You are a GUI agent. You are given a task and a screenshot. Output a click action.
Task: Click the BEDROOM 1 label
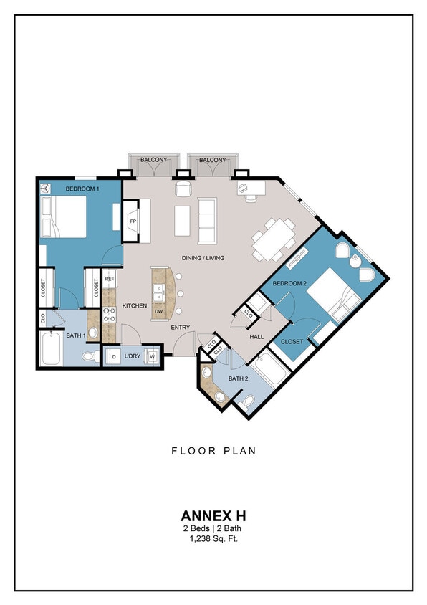pos(82,189)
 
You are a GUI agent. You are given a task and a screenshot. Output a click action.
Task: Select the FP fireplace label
pos(133,221)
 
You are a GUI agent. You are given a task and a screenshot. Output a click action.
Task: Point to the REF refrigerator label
pos(110,279)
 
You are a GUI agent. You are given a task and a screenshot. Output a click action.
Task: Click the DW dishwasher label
pos(159,310)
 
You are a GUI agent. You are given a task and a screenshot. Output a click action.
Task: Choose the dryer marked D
pos(114,356)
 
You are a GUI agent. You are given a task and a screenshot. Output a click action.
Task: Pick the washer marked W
pos(152,356)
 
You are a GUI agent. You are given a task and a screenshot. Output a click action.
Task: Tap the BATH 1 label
pos(76,335)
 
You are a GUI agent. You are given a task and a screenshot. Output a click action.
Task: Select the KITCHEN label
pos(134,306)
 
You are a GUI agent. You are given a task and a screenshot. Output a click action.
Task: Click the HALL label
pos(257,336)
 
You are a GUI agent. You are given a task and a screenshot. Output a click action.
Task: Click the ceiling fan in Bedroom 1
pos(47,188)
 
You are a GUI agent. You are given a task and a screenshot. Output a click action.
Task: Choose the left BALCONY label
pos(153,160)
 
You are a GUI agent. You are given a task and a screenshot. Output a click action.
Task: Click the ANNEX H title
pos(213,516)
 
